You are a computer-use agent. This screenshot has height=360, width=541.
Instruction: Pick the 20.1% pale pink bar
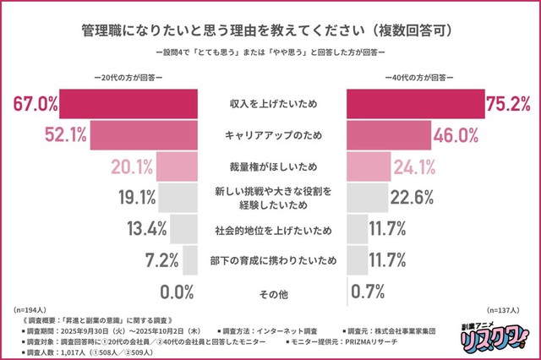(x=177, y=166)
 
